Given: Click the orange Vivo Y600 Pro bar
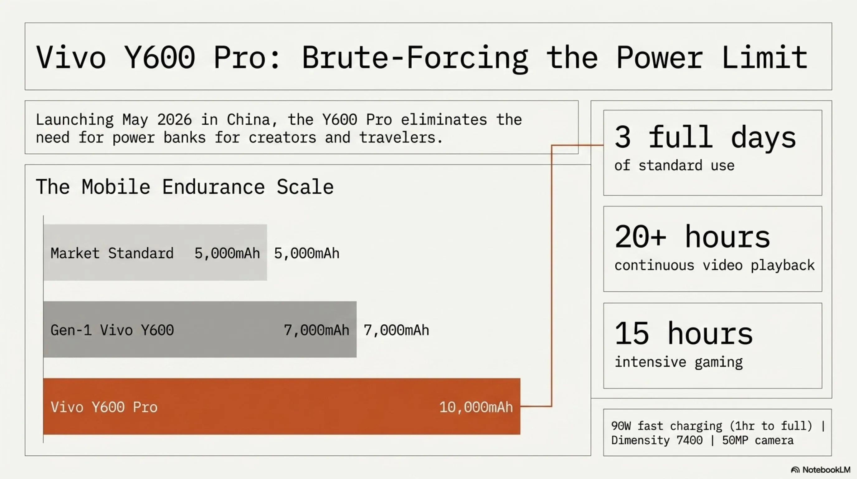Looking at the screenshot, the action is pyautogui.click(x=282, y=406).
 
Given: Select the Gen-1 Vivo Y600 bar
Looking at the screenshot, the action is pyautogui.click(x=200, y=329).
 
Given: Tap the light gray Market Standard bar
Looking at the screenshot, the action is pyautogui.click(x=155, y=253).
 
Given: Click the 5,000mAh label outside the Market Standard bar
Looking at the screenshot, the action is pyautogui.click(x=306, y=254).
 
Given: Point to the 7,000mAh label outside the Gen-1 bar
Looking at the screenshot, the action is pyautogui.click(x=396, y=331).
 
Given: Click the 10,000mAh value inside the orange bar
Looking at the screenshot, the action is pyautogui.click(x=476, y=407).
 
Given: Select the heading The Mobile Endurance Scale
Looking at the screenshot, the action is pyautogui.click(x=185, y=186).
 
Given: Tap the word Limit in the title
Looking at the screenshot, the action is pyautogui.click(x=765, y=57).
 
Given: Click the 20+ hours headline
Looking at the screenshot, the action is pyautogui.click(x=692, y=237).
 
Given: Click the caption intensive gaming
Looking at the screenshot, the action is pyautogui.click(x=678, y=362).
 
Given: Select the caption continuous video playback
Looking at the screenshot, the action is pyautogui.click(x=714, y=265).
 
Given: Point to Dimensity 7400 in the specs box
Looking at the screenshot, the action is pyautogui.click(x=657, y=441).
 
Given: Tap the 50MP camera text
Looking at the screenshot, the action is pyautogui.click(x=758, y=440).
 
